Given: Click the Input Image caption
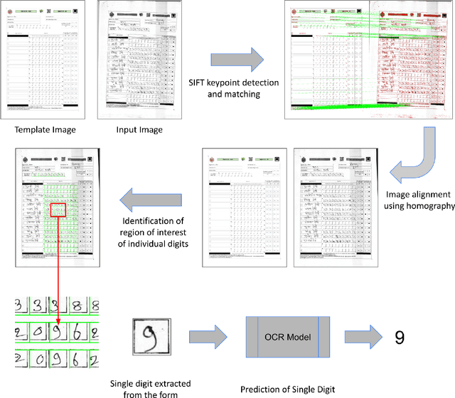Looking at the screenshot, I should click(x=140, y=129).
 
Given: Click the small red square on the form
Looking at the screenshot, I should click(x=58, y=208).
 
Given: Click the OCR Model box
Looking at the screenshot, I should click(x=287, y=337).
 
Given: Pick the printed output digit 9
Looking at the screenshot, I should click(x=402, y=338).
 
